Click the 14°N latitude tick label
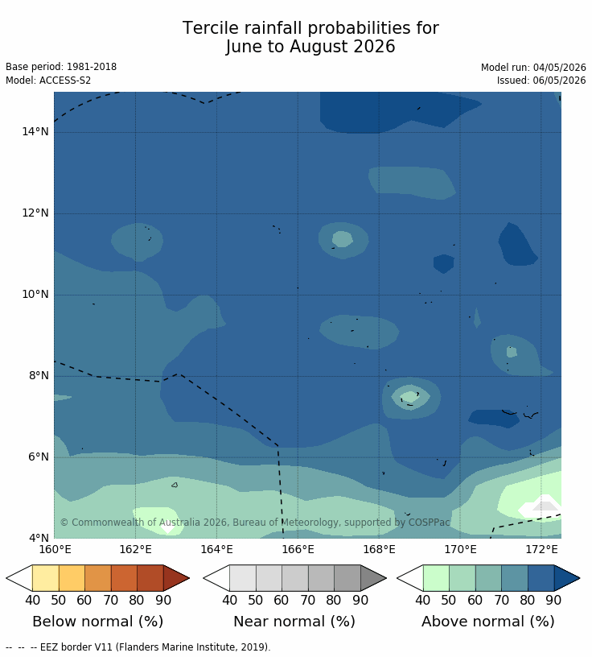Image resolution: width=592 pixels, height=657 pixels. coord(35,131)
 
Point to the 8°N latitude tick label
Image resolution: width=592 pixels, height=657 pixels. coord(39,375)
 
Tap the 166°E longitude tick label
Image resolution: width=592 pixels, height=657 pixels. coord(298,549)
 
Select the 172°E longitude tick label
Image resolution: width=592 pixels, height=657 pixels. coord(541,549)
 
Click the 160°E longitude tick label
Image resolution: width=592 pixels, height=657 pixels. coord(55,549)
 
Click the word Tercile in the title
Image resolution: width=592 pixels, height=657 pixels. coord(210,28)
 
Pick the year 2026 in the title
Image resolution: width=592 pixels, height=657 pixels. coord(374,47)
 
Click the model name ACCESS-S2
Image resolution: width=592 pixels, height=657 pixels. coord(65,81)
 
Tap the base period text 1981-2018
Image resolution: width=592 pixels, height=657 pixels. coord(92,67)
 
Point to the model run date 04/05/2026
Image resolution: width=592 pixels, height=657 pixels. coord(559,68)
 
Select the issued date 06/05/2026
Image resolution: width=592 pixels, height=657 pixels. coord(559,81)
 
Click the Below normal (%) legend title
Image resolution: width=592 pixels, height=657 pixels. coord(98,622)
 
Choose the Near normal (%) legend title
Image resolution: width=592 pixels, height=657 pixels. coord(294,622)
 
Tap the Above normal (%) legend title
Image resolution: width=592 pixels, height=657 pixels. coord(487,622)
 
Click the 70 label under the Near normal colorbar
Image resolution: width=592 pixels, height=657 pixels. coord(308,600)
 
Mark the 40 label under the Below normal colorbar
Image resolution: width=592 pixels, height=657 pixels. coord(33,600)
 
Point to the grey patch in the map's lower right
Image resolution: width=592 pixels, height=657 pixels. coord(545,506)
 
